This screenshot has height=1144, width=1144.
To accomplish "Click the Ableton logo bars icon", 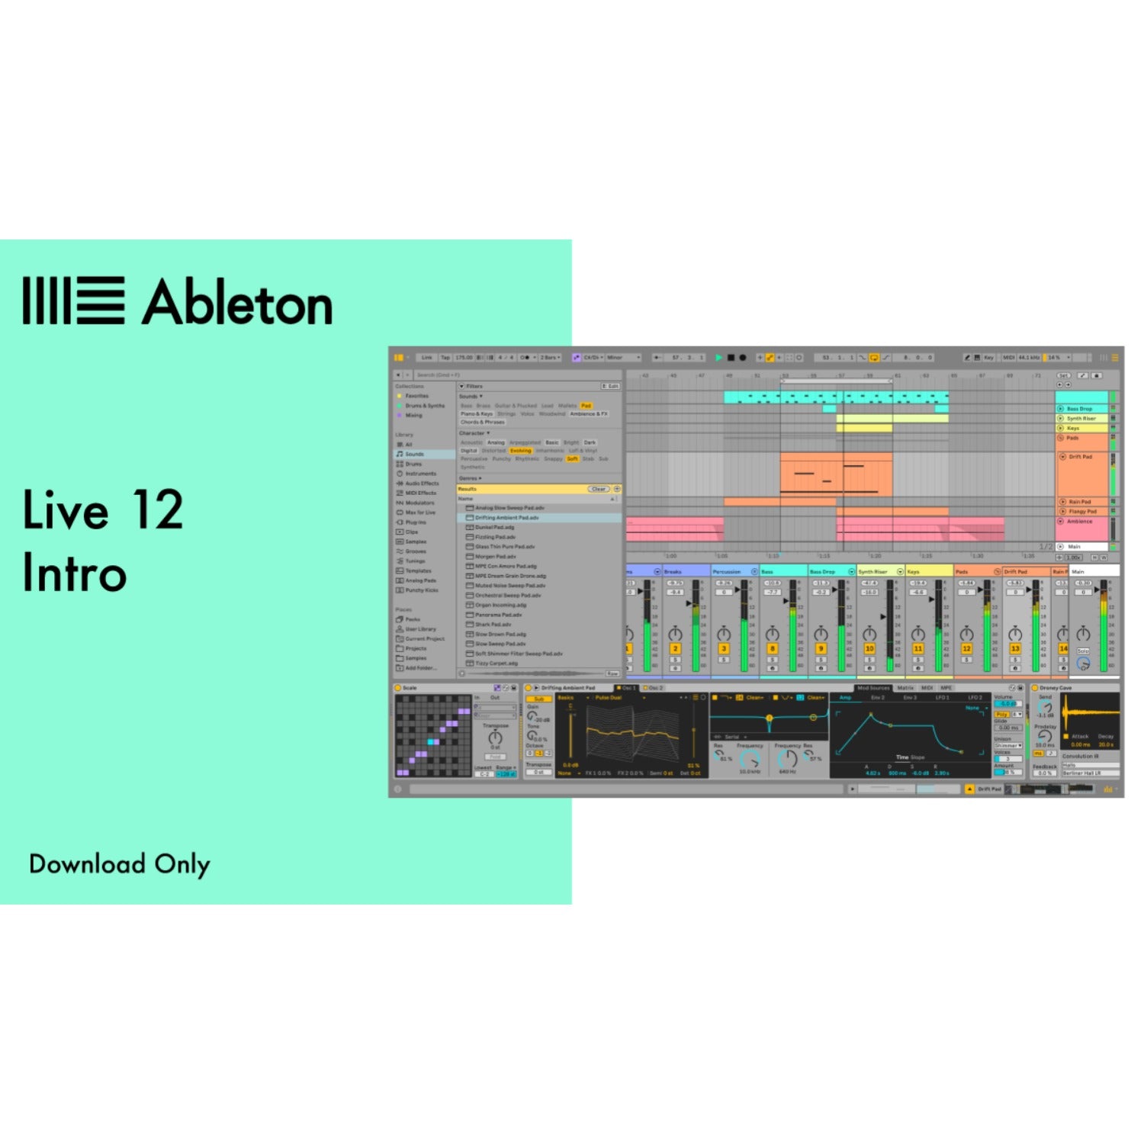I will click(73, 300).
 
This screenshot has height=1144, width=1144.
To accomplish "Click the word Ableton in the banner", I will click(237, 302).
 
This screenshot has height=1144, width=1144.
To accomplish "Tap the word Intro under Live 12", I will click(74, 573).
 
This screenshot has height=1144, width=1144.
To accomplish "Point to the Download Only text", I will click(120, 864).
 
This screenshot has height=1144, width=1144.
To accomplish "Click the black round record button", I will click(743, 357).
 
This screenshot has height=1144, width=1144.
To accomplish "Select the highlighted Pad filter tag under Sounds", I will click(586, 406).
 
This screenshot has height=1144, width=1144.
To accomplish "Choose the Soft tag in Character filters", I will click(572, 459).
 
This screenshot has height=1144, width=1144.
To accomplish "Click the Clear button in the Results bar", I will click(599, 489).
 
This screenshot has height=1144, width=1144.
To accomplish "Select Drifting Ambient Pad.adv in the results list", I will click(506, 518).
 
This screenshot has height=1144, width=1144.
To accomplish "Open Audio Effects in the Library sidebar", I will click(422, 484).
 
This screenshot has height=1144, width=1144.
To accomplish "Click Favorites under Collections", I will click(416, 396).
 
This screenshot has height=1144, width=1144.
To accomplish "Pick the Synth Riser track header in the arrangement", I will click(1081, 418).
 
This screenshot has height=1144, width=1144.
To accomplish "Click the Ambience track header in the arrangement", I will click(1079, 522).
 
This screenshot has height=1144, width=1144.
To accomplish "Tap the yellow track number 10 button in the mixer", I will click(869, 649).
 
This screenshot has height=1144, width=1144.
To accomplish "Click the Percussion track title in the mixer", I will click(727, 571).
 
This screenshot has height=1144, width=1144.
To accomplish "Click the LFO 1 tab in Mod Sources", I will click(942, 698).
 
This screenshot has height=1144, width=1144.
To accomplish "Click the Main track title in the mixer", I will click(1078, 571).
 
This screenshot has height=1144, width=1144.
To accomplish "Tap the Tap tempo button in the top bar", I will click(445, 357).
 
